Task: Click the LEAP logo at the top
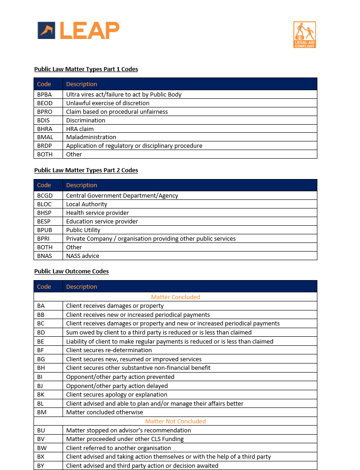click(x=78, y=30)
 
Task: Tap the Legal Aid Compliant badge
click(x=305, y=34)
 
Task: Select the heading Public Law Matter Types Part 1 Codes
click(x=86, y=69)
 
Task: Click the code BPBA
click(x=45, y=94)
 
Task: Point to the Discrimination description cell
click(x=86, y=120)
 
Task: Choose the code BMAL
click(x=45, y=137)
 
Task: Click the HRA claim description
click(x=80, y=129)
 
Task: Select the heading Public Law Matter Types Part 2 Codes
click(x=86, y=170)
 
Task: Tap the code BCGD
click(x=45, y=195)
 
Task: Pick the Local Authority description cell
click(x=87, y=204)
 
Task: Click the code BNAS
click(x=44, y=256)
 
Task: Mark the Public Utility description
click(x=83, y=230)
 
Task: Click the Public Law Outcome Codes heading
click(x=72, y=271)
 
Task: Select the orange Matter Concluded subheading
click(x=175, y=297)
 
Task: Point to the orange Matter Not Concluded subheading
click(x=175, y=421)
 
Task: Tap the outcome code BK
click(x=41, y=394)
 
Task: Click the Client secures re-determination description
click(x=109, y=350)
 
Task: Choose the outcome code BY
click(x=41, y=465)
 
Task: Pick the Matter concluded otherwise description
click(x=104, y=412)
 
